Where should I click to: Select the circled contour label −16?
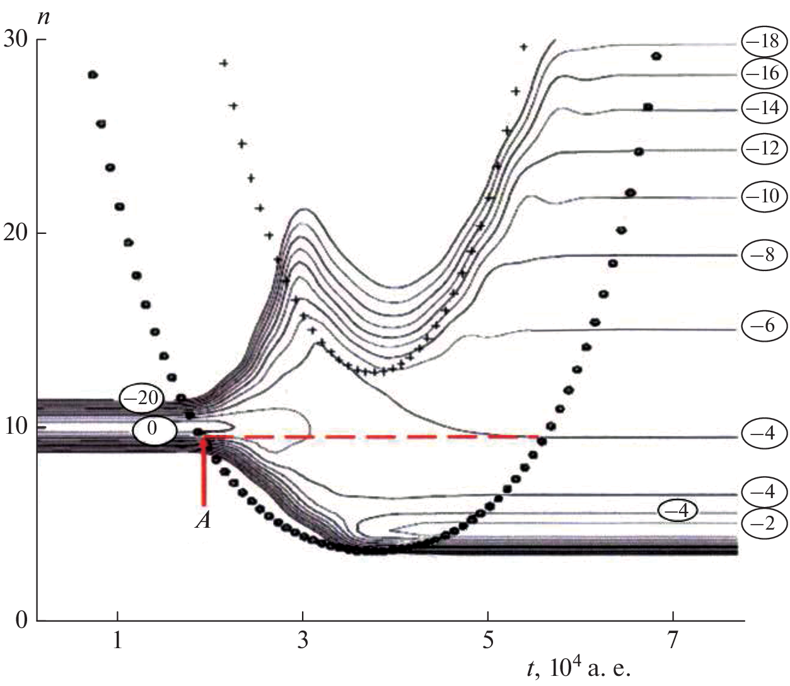(x=764, y=74)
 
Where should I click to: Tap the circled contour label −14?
(x=764, y=108)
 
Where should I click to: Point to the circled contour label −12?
(x=764, y=149)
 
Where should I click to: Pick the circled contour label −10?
(x=764, y=196)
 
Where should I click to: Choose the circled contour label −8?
(x=764, y=255)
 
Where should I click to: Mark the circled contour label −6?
(x=764, y=326)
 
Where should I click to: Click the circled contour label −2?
(x=764, y=524)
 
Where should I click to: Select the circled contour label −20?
(x=142, y=398)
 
